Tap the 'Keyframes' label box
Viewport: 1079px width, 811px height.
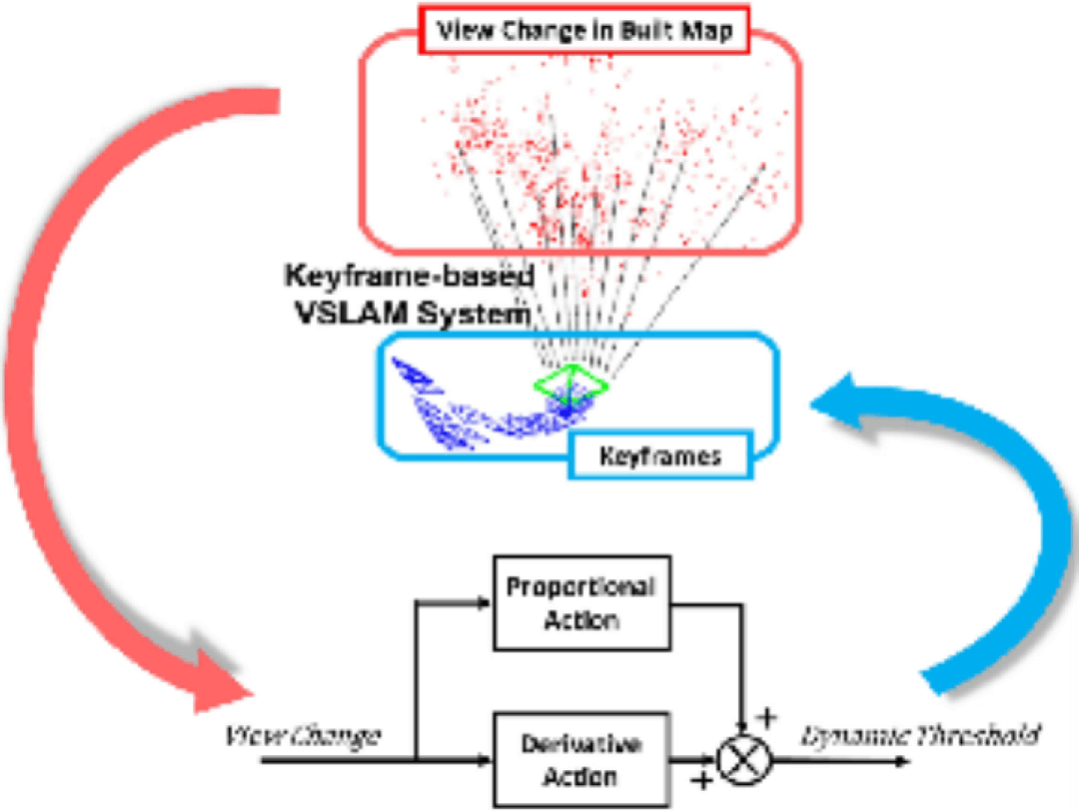pos(660,458)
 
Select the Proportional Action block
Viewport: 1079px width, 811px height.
pos(580,601)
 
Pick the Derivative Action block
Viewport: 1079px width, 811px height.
pos(580,759)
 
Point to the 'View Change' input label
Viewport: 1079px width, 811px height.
pos(301,736)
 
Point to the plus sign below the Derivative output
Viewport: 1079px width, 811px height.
pos(703,780)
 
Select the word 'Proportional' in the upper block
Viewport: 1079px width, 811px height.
pos(580,586)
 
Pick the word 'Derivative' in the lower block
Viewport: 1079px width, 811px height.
pos(580,745)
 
